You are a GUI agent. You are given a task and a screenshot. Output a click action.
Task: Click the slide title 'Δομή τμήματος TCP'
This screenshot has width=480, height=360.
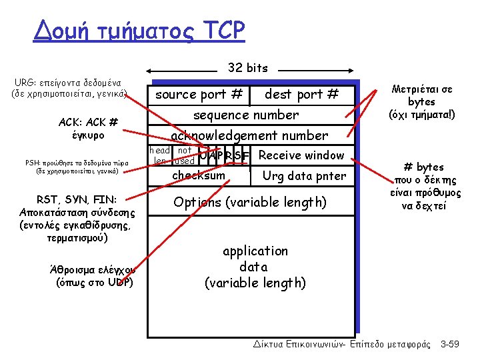pyautogui.click(x=139, y=30)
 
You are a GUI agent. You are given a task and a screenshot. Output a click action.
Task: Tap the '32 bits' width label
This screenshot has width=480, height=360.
pyautogui.click(x=247, y=68)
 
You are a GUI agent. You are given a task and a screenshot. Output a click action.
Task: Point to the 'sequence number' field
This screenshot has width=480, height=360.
pyautogui.click(x=246, y=115)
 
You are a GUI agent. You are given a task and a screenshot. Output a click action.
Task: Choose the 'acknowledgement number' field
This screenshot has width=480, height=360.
pyautogui.click(x=249, y=135)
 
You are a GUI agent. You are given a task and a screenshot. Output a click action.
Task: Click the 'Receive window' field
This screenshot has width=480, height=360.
pyautogui.click(x=301, y=155)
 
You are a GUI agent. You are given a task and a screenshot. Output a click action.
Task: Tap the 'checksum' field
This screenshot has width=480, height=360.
pyautogui.click(x=199, y=175)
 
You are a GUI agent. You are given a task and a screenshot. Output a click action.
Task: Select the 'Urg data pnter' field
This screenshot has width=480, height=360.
pyautogui.click(x=304, y=176)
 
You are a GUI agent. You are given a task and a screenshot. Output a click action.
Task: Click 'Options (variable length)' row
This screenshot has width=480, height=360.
pyautogui.click(x=250, y=202)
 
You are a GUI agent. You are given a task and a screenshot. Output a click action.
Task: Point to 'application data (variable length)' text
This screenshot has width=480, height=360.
pyautogui.click(x=255, y=267)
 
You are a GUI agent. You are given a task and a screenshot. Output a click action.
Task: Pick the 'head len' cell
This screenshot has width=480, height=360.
pyautogui.click(x=160, y=155)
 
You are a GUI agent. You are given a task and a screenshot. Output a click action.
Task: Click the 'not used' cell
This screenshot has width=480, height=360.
pyautogui.click(x=184, y=155)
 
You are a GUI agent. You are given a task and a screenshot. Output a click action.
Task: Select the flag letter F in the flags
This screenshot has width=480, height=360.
pyautogui.click(x=245, y=157)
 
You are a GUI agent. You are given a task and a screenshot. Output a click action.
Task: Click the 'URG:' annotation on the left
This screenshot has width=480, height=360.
pyautogui.click(x=26, y=83)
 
